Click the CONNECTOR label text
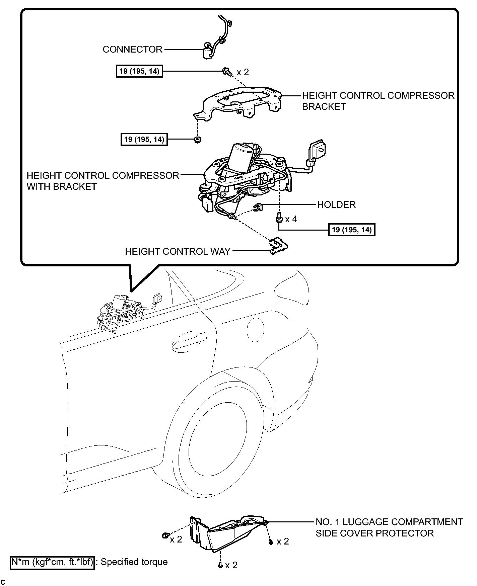(x=132, y=50)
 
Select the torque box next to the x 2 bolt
(x=139, y=71)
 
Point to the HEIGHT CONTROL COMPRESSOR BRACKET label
(x=378, y=101)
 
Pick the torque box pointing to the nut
(x=144, y=139)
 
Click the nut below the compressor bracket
(x=198, y=140)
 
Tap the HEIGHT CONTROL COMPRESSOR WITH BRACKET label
(x=103, y=181)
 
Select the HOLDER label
(x=336, y=204)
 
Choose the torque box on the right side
(x=352, y=230)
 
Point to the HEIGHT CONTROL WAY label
(x=178, y=251)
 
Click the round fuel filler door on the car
(x=255, y=330)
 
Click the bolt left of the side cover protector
(x=165, y=535)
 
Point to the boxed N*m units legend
(x=52, y=562)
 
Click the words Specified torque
(x=134, y=562)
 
